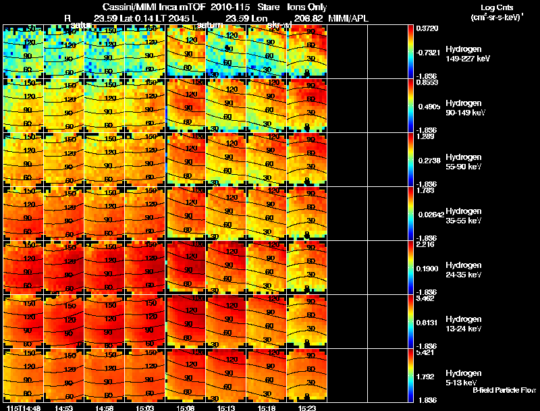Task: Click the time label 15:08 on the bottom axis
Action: click(186, 408)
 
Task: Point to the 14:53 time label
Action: click(65, 408)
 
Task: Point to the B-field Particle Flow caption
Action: click(504, 390)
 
